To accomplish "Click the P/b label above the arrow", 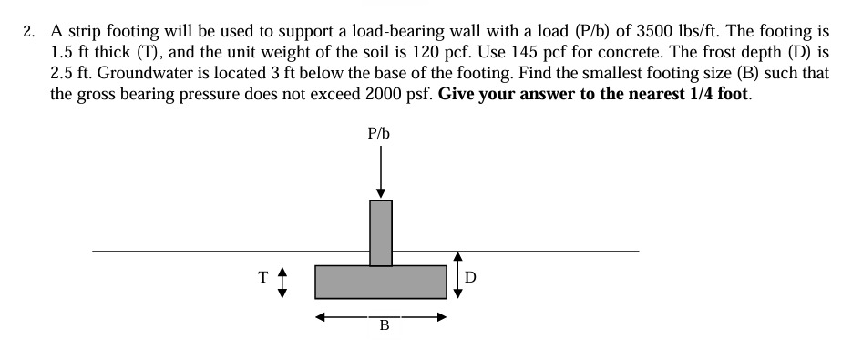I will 379,133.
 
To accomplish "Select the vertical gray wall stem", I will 381,232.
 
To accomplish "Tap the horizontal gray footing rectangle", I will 381,282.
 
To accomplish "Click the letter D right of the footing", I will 470,276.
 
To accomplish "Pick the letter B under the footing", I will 384,325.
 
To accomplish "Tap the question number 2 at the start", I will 29,32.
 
